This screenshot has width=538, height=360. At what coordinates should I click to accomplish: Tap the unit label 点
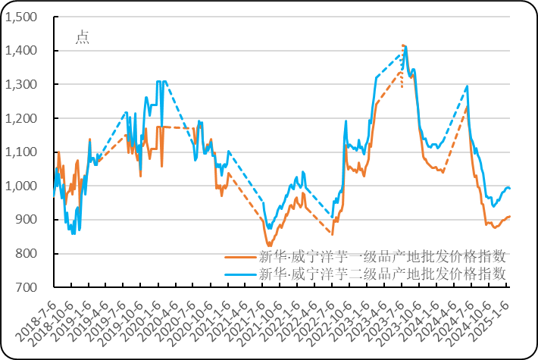pos(82,38)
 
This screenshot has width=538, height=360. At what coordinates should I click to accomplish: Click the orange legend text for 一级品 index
pos(382,255)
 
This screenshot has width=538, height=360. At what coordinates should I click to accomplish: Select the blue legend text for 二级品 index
pos(382,274)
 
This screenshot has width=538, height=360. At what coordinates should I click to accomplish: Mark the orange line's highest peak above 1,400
pos(403,45)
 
